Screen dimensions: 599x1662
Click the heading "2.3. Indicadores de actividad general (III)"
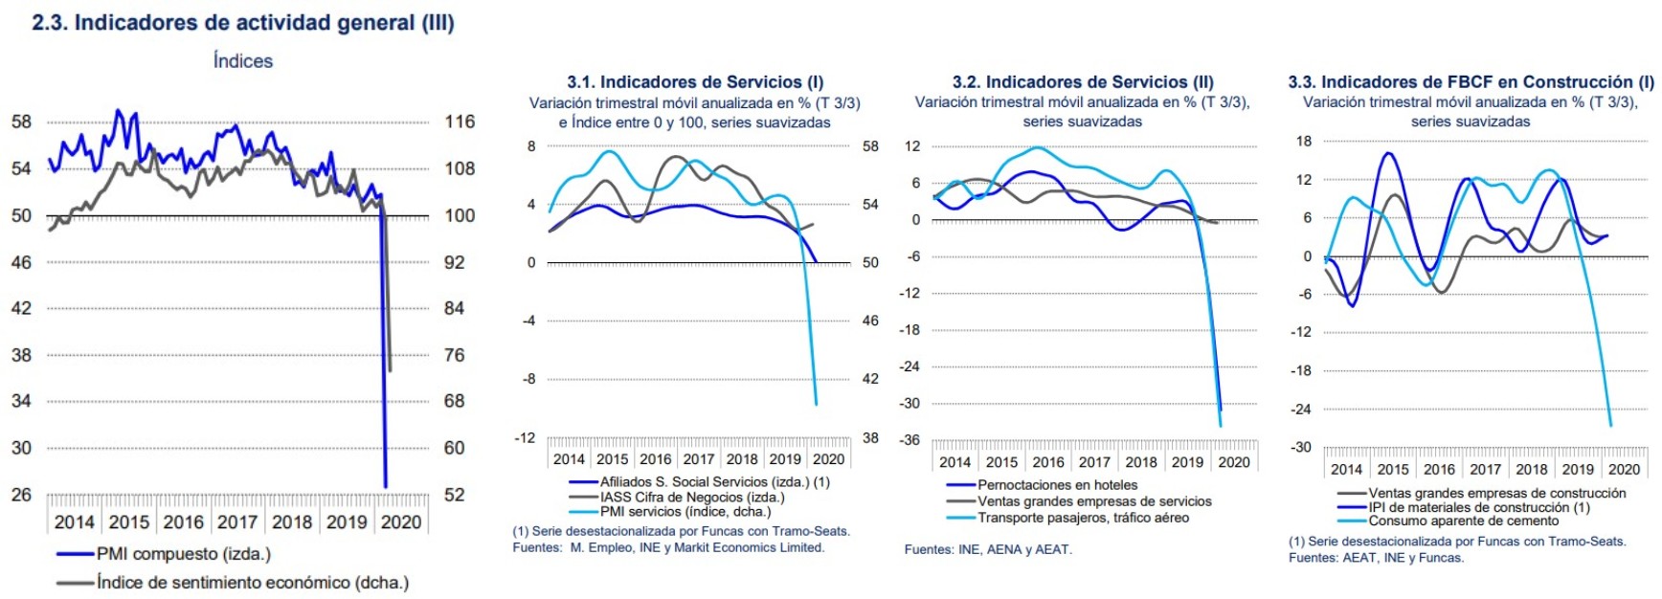[243, 23]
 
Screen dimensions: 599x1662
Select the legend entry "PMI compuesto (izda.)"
[183, 554]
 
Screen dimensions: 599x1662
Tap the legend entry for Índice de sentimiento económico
[252, 583]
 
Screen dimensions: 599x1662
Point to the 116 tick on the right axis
[460, 122]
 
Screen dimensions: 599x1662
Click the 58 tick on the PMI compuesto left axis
[21, 122]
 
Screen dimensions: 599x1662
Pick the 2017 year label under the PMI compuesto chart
[237, 522]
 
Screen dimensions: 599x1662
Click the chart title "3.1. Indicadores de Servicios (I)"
[695, 82]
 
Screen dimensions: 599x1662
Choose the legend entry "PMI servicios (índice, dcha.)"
[685, 512]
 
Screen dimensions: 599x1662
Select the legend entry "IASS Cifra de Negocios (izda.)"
[691, 498]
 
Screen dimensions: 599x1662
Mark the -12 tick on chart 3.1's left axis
[525, 438]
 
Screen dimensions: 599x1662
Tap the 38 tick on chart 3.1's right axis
[870, 438]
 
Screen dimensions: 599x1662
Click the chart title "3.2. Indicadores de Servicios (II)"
[1083, 82]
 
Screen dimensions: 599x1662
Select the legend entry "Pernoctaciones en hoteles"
[1057, 486]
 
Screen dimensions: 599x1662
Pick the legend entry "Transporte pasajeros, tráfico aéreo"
[1083, 519]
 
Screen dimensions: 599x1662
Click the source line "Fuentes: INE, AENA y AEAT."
[988, 550]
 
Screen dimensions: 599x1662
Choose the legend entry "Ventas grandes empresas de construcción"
[1496, 494]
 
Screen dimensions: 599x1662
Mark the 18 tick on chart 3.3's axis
[1304, 142]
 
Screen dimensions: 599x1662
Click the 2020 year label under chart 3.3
[1624, 470]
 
